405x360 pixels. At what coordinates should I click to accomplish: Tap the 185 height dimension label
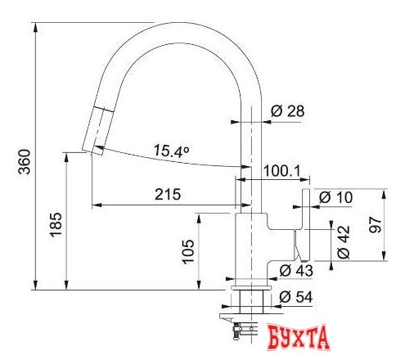tap(56, 224)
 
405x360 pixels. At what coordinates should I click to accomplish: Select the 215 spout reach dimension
tap(168, 194)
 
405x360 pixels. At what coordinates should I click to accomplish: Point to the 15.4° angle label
tap(171, 151)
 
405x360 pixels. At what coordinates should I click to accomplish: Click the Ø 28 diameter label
tap(288, 111)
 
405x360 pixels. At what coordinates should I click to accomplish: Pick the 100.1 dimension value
tap(281, 171)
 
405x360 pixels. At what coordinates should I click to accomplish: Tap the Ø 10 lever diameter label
tap(335, 197)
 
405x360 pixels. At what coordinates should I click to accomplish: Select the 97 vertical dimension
tap(376, 225)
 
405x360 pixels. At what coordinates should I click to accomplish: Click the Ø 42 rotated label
tap(344, 242)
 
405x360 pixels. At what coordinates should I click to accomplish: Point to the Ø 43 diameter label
tap(296, 271)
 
